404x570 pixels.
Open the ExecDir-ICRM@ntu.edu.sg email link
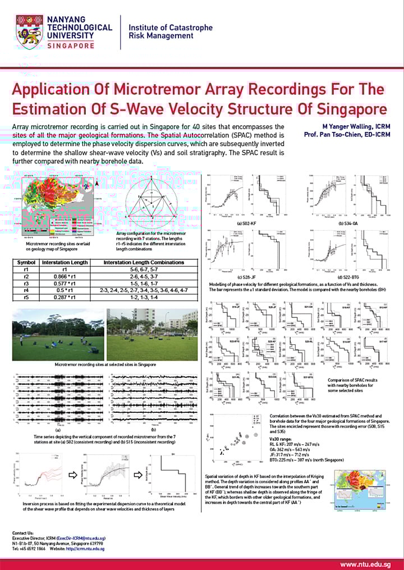(x=81, y=538)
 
